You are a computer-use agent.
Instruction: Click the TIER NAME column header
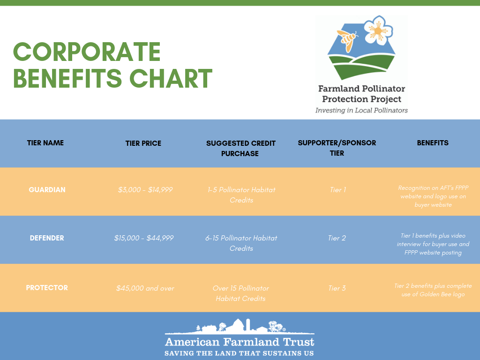coord(45,143)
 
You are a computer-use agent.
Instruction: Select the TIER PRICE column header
coord(143,143)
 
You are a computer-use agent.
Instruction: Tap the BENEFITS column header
coord(433,143)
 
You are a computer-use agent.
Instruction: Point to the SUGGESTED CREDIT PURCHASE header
coord(240,149)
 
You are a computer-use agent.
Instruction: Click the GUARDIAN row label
coord(47,190)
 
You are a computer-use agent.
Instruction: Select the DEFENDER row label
coord(47,238)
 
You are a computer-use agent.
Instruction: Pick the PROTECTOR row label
coord(47,288)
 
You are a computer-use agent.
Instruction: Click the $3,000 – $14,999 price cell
coord(145,190)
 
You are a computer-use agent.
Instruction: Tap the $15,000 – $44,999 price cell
coord(144,238)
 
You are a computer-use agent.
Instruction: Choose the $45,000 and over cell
coord(145,288)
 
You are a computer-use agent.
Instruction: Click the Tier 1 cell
coord(337,190)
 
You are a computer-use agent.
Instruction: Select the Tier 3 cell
coord(337,288)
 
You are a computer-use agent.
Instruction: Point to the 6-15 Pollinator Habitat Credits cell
coord(241,243)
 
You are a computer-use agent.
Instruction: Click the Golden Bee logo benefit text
coord(433,290)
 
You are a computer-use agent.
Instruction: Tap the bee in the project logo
coord(347,40)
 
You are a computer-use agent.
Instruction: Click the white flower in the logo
coord(378,30)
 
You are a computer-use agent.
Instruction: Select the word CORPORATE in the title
coord(87,52)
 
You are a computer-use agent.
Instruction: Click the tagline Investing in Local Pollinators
coord(361,110)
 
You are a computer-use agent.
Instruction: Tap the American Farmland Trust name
coord(240,342)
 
